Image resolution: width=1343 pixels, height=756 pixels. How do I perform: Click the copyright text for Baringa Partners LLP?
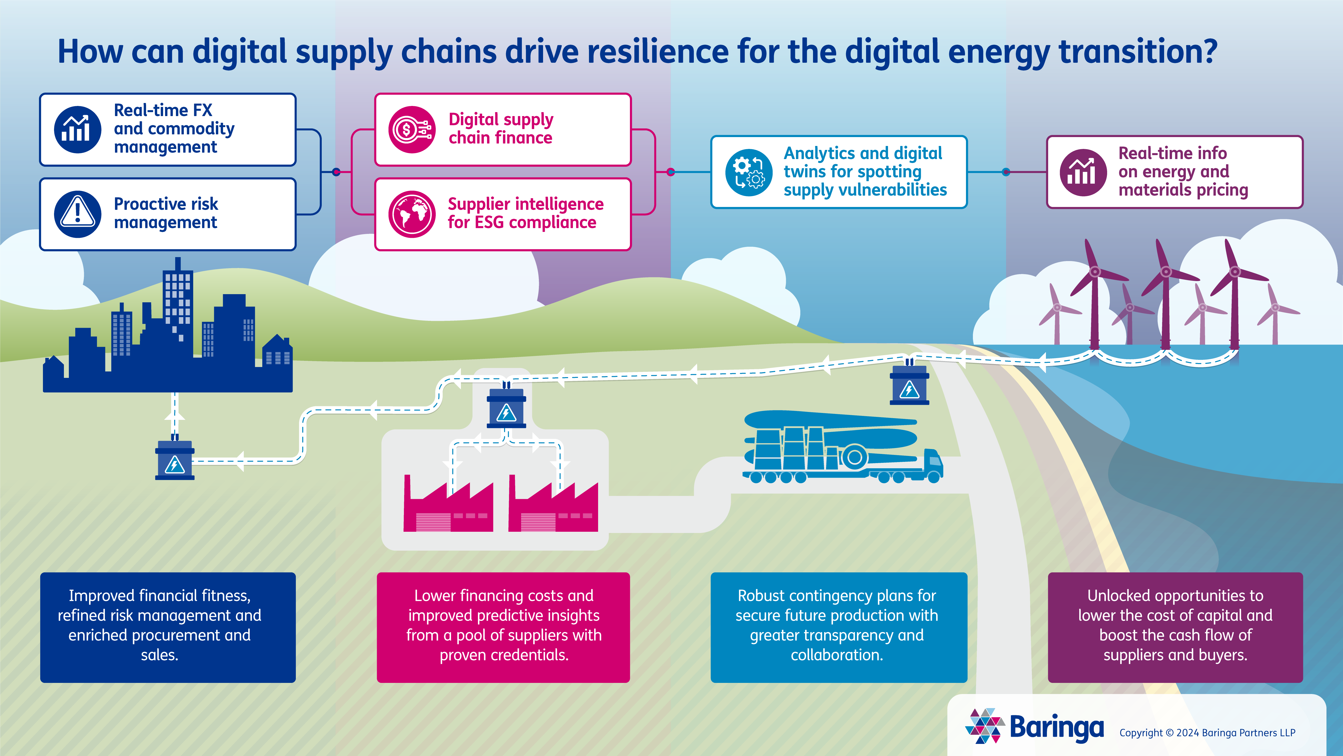[1207, 733]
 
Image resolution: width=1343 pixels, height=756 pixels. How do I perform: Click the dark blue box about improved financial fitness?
[168, 627]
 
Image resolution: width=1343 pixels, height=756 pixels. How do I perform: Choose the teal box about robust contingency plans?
[838, 627]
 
